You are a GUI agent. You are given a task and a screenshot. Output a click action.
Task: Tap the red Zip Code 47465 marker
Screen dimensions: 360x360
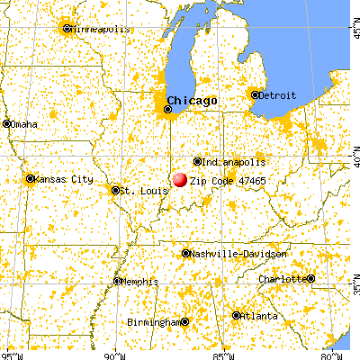(x=180, y=180)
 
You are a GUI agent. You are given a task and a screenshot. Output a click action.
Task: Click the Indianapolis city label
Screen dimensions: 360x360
(x=234, y=162)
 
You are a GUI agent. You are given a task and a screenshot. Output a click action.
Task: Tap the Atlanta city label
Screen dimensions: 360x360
(x=259, y=316)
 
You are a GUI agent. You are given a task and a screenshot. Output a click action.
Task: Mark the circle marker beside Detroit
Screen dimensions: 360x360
(x=255, y=94)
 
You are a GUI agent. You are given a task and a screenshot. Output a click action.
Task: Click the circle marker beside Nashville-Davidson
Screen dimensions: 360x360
(x=186, y=254)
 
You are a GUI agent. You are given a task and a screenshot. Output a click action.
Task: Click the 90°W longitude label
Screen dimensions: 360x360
(x=114, y=353)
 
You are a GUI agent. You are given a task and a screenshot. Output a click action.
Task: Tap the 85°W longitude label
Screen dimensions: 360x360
(x=225, y=353)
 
